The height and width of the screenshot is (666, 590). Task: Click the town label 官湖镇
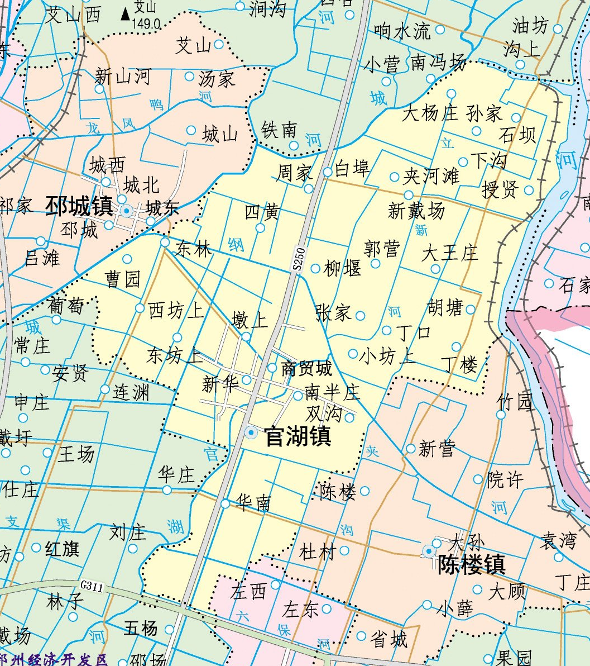point(298,436)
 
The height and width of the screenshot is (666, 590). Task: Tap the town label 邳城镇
point(79,206)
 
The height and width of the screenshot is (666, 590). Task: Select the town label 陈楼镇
point(472,565)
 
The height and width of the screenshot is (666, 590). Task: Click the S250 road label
point(300,260)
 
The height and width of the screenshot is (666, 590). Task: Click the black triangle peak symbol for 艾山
point(125,13)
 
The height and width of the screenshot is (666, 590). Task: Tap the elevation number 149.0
point(146,25)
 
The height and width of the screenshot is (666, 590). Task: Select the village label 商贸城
point(306,368)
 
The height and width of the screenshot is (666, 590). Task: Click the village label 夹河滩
point(431,177)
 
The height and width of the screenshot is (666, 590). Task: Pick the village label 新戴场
point(416,211)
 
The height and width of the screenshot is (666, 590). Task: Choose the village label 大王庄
point(450,253)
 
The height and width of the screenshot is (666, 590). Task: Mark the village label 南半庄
point(333,393)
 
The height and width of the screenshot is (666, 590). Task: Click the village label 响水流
point(402,31)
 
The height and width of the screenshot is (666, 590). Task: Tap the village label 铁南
point(279,130)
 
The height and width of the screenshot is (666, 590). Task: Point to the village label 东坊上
point(175,355)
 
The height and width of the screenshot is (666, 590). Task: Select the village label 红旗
point(62,549)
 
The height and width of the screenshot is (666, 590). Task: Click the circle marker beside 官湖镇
point(251,432)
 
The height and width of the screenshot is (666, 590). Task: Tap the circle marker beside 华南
point(225,504)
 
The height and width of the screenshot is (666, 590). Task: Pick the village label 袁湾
point(558,540)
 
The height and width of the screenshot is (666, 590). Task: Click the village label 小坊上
point(387,356)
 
